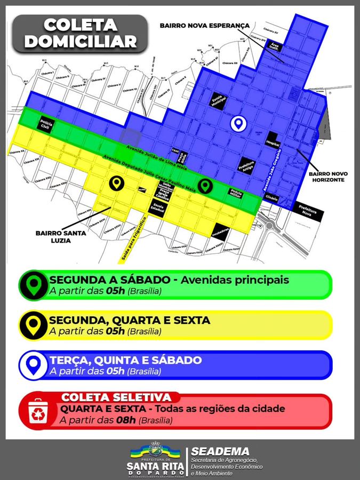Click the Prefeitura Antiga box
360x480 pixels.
tap(246, 166)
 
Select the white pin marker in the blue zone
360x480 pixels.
tap(238, 123)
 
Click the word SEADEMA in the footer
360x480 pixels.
tap(220, 452)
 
